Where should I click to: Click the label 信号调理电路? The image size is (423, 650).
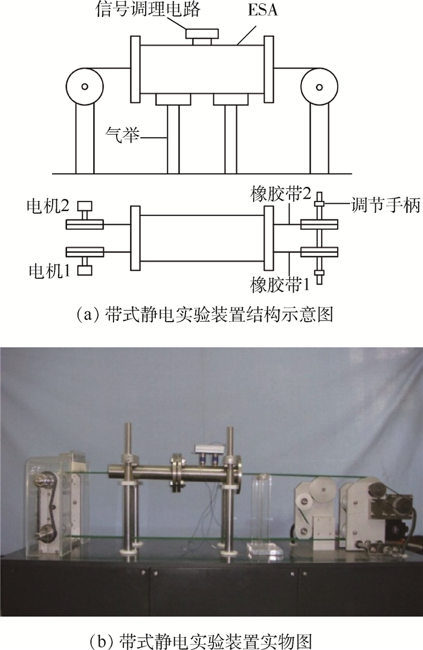[x=148, y=9]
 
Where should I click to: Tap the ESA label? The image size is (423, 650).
[x=263, y=10]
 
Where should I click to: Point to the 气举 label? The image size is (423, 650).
[x=122, y=135]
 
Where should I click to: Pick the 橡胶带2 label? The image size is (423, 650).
[x=280, y=195]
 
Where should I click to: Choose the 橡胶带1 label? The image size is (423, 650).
[x=280, y=285]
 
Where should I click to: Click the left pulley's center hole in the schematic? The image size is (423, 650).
[x=85, y=86]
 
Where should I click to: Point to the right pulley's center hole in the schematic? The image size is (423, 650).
[x=319, y=86]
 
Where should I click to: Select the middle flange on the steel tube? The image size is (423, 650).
[x=176, y=473]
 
